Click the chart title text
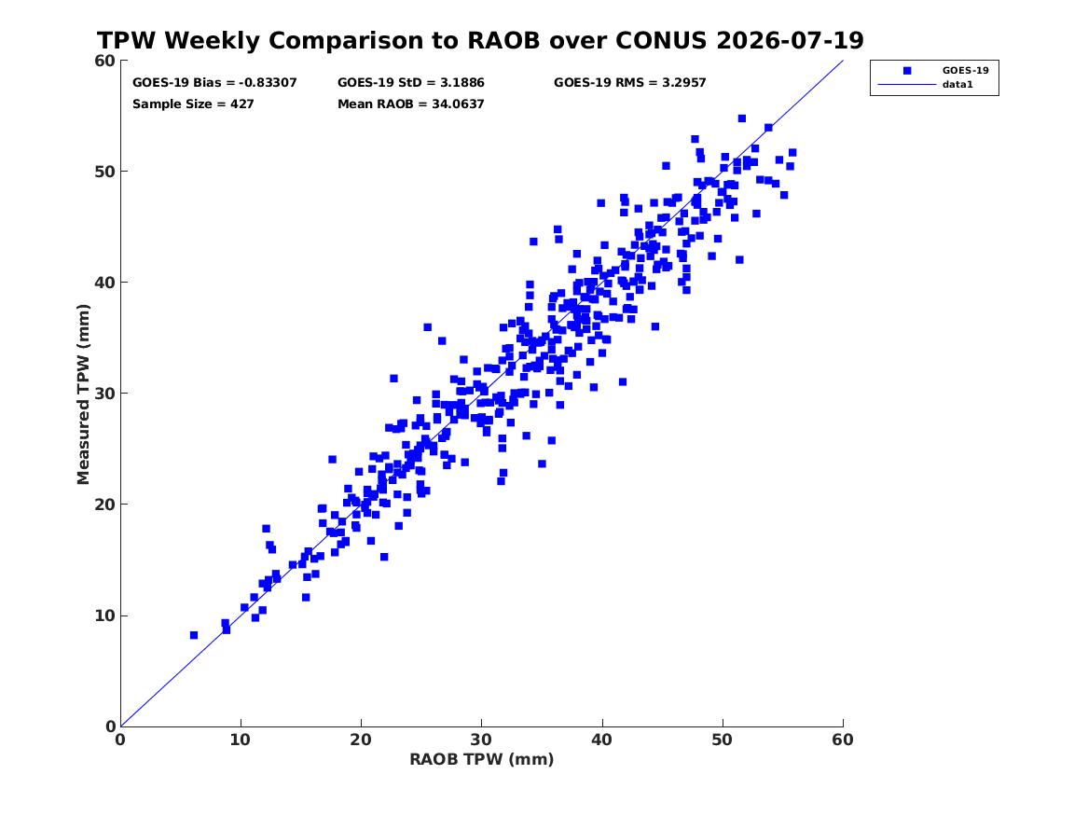click(x=480, y=41)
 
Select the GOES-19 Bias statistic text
click(x=214, y=83)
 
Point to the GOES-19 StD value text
click(x=411, y=83)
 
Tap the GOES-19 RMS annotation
click(x=629, y=83)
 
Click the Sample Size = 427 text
click(x=193, y=104)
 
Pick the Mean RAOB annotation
click(x=411, y=104)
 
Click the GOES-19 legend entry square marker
click(x=907, y=71)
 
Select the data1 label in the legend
click(x=957, y=85)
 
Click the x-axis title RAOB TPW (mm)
click(x=482, y=759)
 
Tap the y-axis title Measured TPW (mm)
click(x=83, y=394)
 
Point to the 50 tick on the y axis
click(x=105, y=172)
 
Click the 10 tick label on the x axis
click(x=241, y=740)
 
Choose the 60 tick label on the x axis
click(x=843, y=740)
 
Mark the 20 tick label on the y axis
click(x=105, y=505)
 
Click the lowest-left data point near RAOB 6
click(x=194, y=635)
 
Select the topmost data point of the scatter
click(x=742, y=118)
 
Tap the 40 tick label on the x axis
click(x=602, y=740)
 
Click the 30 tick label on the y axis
click(x=105, y=394)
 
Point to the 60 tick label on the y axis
click(x=105, y=61)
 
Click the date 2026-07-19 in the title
click(x=791, y=41)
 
